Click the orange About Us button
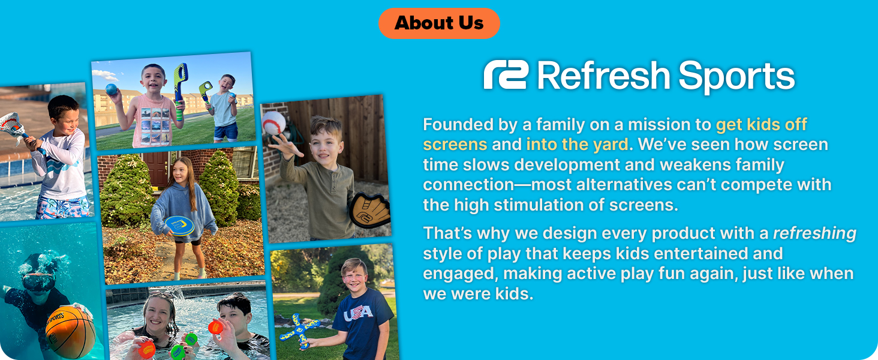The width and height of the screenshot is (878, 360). [x=439, y=23]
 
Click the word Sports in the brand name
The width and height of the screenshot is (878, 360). [x=736, y=77]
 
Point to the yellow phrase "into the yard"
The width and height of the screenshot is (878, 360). [x=576, y=145]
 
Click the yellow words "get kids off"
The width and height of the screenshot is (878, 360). [x=761, y=125]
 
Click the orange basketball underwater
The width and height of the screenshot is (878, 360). [x=70, y=332]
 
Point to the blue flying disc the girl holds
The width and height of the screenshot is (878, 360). [x=179, y=226]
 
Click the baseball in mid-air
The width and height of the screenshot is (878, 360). [x=274, y=122]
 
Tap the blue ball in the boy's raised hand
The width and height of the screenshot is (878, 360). [x=112, y=89]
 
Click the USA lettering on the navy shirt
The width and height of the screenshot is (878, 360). [x=358, y=313]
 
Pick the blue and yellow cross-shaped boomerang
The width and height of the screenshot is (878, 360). [x=297, y=331]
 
